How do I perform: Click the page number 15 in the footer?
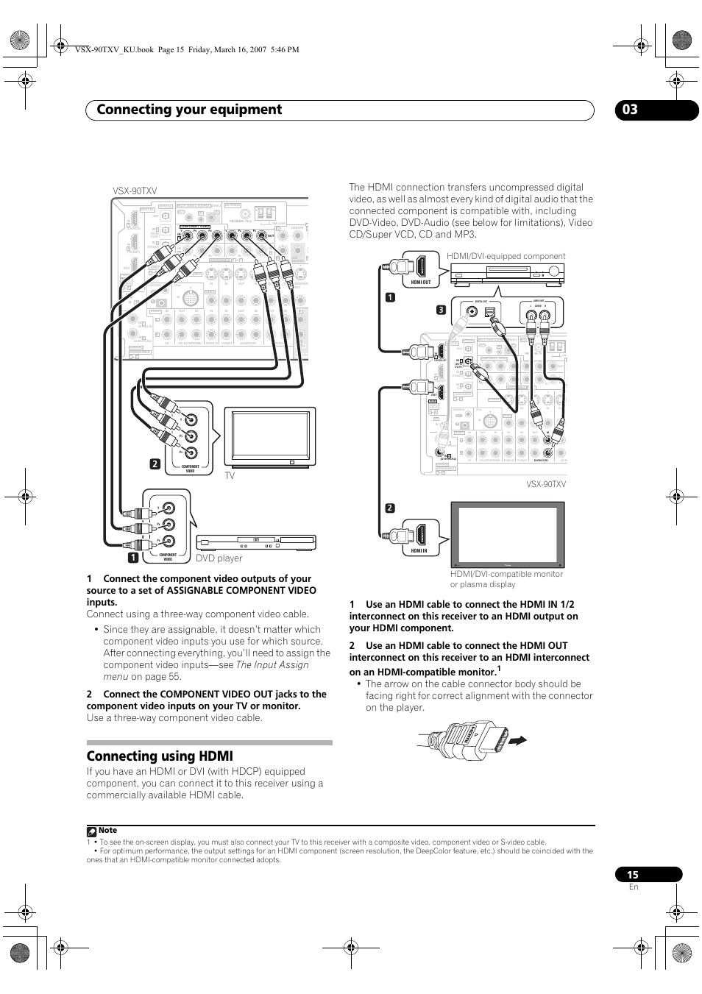tap(633, 875)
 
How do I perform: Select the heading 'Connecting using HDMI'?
tap(160, 756)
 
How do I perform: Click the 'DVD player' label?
tap(219, 558)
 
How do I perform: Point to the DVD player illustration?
tap(255, 543)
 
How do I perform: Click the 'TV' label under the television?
tap(230, 476)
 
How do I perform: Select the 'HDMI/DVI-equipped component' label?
tap(506, 256)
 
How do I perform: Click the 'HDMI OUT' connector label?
tap(421, 282)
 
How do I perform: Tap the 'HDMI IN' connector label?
tap(419, 550)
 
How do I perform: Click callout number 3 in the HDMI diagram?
tap(441, 310)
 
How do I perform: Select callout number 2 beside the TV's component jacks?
tap(155, 464)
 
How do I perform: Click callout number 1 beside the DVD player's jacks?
tap(133, 558)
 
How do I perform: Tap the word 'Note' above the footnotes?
tap(107, 830)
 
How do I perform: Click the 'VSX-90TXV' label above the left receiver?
tap(135, 191)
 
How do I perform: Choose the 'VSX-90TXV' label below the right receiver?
tap(546, 484)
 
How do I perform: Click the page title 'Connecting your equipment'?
tap(189, 110)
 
